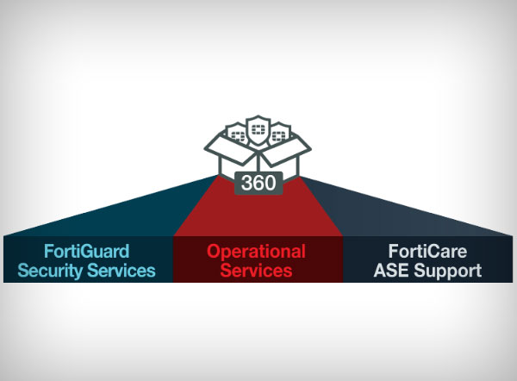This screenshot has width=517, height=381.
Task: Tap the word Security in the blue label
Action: click(x=54, y=271)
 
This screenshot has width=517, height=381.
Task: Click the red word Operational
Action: click(x=256, y=252)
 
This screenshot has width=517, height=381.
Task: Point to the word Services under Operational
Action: click(x=257, y=271)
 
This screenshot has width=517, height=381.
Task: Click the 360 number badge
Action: click(x=258, y=184)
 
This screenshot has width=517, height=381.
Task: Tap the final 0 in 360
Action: click(x=269, y=184)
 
